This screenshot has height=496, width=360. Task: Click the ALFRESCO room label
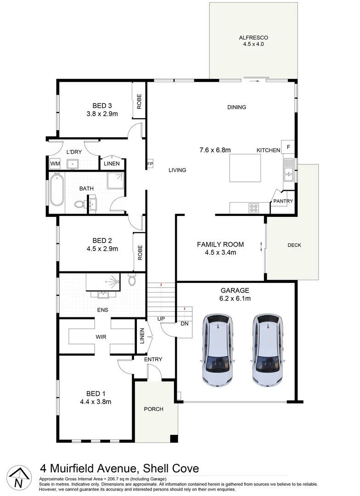point(253,38)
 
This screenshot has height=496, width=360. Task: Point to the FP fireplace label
point(150,164)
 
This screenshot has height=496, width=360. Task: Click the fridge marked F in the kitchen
point(288,147)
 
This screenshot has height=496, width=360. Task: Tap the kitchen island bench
point(245,168)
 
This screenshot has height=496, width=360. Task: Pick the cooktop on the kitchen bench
point(253,208)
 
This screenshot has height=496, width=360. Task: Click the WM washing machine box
point(55,163)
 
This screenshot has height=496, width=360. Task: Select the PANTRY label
point(283,201)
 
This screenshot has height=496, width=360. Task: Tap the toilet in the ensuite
point(132,280)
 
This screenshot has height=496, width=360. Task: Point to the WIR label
point(101,337)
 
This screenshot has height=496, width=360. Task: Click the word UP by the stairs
point(161,319)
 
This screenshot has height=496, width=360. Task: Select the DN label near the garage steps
point(185,323)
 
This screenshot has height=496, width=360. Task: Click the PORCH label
point(153,409)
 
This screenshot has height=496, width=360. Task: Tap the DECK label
point(294,245)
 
